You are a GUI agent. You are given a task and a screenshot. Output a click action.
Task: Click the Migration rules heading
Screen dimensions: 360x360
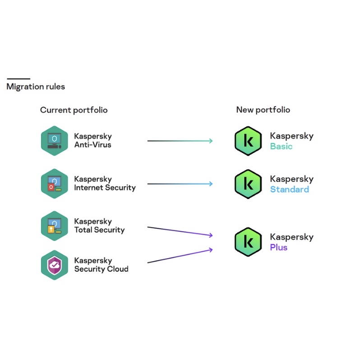point(36,87)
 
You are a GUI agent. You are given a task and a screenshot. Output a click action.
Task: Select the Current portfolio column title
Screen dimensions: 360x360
point(74,110)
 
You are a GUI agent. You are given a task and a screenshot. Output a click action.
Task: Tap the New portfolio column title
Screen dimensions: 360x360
point(263,110)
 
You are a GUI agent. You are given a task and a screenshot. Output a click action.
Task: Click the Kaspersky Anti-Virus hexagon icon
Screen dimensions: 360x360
point(54,141)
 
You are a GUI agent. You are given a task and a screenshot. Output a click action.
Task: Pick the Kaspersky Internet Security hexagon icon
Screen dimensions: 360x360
point(54,184)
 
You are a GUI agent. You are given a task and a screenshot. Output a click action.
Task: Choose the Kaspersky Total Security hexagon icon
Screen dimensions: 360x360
point(54,226)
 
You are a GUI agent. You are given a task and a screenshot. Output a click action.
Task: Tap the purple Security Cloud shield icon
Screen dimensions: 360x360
point(54,265)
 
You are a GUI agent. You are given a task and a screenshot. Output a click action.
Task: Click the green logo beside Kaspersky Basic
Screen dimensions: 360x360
point(248,141)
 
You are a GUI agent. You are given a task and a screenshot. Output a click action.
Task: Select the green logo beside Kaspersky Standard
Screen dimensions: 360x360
point(248,184)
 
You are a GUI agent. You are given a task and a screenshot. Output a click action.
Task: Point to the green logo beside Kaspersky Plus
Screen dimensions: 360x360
point(248,242)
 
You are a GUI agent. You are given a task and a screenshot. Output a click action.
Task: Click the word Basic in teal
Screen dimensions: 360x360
point(281,147)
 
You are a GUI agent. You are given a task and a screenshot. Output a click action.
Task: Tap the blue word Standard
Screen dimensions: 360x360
point(289,189)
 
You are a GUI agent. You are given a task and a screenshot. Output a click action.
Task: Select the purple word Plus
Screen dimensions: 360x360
point(278,248)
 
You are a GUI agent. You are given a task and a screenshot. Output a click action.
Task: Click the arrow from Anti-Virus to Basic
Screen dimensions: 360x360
point(180,141)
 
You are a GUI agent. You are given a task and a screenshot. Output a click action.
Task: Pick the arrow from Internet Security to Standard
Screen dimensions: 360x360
point(180,184)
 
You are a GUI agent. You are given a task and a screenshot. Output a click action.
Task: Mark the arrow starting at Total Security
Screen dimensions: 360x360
point(180,231)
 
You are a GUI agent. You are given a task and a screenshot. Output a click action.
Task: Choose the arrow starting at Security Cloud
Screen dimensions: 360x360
point(180,256)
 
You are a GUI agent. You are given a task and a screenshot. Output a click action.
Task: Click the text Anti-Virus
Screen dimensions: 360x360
point(92,145)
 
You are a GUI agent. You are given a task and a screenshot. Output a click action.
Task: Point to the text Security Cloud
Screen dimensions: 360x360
point(101,269)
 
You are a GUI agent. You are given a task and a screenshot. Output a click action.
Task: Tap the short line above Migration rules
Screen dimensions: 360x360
point(18,78)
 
